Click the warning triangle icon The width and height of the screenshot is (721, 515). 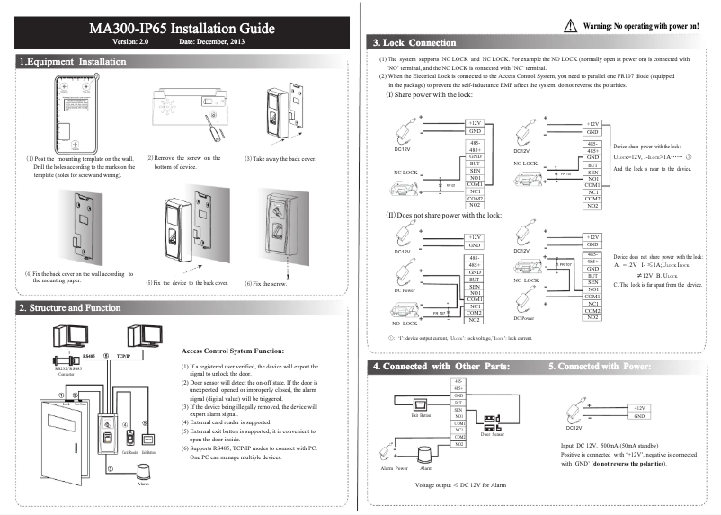coord(572,27)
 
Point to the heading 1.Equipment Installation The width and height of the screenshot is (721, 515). coord(73,62)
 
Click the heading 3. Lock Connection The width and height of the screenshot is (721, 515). coord(414,42)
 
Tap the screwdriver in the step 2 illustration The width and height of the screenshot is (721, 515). coord(212,124)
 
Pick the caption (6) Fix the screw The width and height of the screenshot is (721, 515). coord(270,283)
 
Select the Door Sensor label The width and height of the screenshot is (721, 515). coord(491,433)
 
